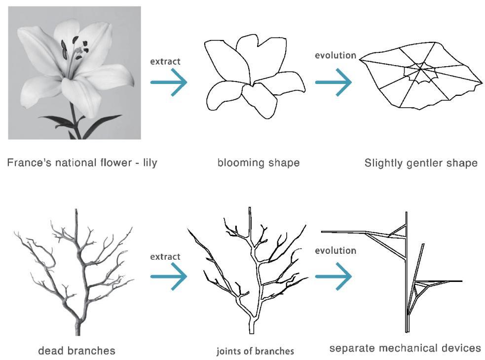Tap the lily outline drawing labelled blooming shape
click(254, 79)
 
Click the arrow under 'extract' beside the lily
click(169, 82)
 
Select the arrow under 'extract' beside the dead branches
click(169, 278)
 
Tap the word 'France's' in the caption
click(26, 162)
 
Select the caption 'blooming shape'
click(258, 162)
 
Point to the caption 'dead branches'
click(76, 351)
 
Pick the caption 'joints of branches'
click(255, 351)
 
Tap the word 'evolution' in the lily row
click(336, 55)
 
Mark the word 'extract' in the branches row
click(165, 256)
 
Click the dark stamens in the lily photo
click(75, 47)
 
